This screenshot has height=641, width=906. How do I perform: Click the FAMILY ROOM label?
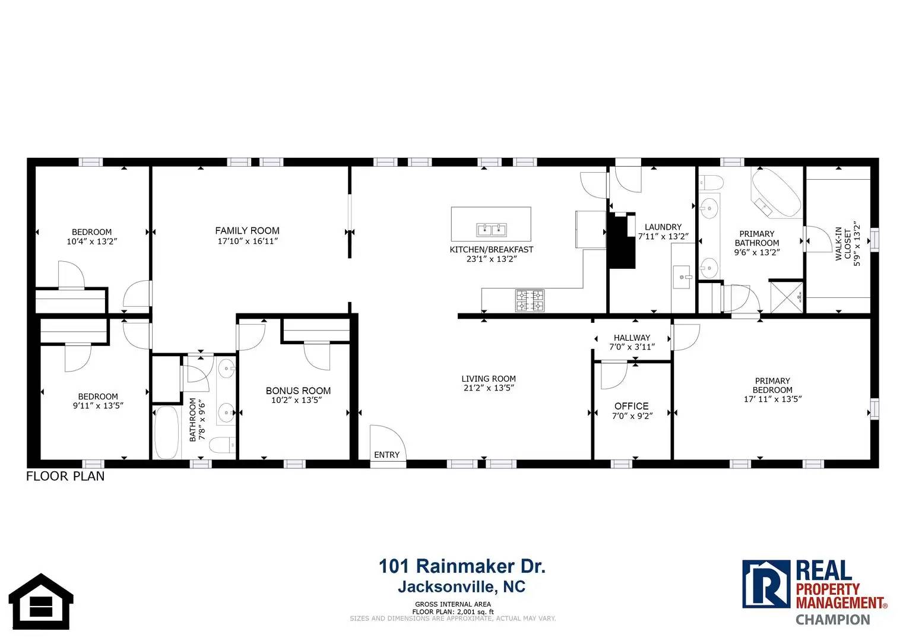pos(247,230)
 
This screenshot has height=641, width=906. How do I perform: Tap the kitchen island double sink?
pos(491,230)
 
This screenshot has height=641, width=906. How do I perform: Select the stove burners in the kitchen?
pos(530,300)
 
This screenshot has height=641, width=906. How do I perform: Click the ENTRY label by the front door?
pos(387,455)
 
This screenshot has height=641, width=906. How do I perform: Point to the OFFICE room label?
pos(631,406)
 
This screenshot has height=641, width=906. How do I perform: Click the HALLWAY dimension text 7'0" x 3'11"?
pos(632,347)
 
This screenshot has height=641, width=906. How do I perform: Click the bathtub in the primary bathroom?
pos(776,193)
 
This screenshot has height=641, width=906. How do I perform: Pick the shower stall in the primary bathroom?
pos(786,297)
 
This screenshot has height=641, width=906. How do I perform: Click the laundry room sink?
pos(682,277)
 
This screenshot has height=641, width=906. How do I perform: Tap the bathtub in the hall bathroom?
pos(166,432)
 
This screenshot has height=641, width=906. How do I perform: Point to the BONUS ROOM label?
pos(298,391)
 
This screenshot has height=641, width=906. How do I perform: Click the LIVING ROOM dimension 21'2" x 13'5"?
pos(489,388)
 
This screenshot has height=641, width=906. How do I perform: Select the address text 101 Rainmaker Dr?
pos(462,566)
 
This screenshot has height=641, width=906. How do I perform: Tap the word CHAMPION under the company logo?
pos(833,620)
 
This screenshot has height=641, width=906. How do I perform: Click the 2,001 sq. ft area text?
pos(475,612)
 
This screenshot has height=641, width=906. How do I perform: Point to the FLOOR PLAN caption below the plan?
pos(65,476)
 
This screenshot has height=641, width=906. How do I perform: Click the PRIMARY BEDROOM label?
pos(772,385)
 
